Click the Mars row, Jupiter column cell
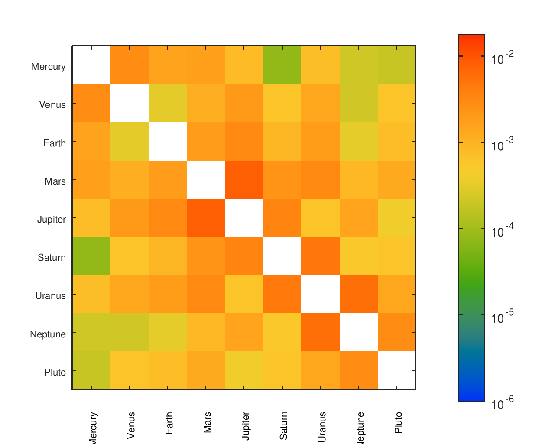point(244,180)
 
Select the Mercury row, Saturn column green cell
point(282,65)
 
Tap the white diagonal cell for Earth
point(168,142)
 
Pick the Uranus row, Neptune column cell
point(358,294)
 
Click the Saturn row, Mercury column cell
point(91,256)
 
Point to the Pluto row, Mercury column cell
point(91,370)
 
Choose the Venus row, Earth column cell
point(168,103)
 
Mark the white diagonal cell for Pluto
point(396,370)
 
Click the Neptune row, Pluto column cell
point(396,332)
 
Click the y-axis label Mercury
point(49,67)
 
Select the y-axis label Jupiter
point(52,220)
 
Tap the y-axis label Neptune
point(48,334)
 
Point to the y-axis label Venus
point(52,105)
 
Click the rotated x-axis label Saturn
point(284,426)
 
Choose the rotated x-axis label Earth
point(169,423)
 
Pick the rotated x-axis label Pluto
point(399,423)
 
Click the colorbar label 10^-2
point(503,58)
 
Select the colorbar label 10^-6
point(503,404)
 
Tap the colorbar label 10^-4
point(503,231)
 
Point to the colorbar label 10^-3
point(503,144)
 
